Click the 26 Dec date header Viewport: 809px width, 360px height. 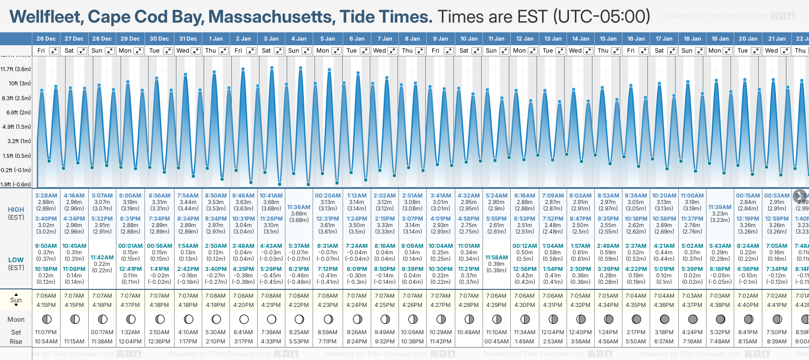point(46,39)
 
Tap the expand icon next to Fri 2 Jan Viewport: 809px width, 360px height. point(251,51)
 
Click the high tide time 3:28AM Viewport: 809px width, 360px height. point(46,196)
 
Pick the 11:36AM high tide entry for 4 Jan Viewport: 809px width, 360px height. point(299,207)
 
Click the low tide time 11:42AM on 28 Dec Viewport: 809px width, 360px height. point(102,258)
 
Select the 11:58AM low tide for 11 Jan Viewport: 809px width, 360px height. point(496,258)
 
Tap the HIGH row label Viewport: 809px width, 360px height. point(16,210)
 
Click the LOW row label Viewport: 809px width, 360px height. point(16,260)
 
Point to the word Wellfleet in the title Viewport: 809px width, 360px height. point(46,17)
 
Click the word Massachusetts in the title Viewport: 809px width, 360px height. point(272,17)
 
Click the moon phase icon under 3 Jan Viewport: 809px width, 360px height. point(272,319)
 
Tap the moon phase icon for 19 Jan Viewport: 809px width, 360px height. point(720,319)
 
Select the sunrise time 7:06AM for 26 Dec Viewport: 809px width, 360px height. point(46,296)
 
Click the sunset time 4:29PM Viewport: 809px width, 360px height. point(496,305)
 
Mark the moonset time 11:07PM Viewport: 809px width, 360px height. point(46,332)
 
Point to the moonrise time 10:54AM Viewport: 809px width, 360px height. point(46,342)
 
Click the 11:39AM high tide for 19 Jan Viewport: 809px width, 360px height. point(720,207)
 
